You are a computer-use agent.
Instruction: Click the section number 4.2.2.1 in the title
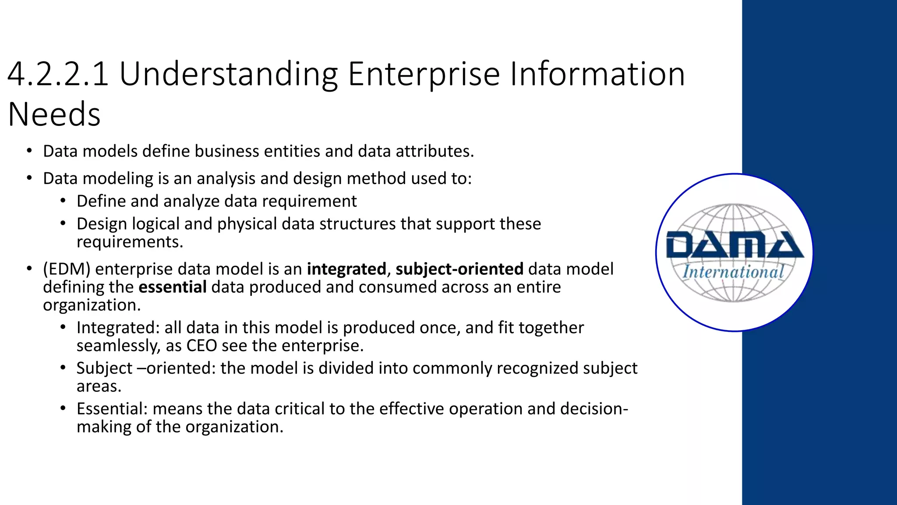click(x=58, y=75)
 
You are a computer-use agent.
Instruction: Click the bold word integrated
click(x=346, y=269)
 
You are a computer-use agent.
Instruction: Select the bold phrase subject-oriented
click(x=459, y=269)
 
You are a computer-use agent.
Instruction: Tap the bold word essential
click(x=173, y=287)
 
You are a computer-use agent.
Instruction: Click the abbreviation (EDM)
click(x=67, y=269)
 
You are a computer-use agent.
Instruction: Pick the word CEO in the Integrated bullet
click(x=202, y=346)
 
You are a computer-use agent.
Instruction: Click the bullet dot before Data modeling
click(x=29, y=178)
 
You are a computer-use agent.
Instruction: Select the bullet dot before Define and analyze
click(x=63, y=201)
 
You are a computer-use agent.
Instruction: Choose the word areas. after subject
click(x=99, y=386)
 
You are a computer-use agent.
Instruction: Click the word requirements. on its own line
click(x=130, y=242)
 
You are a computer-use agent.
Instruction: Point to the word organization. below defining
click(x=92, y=305)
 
